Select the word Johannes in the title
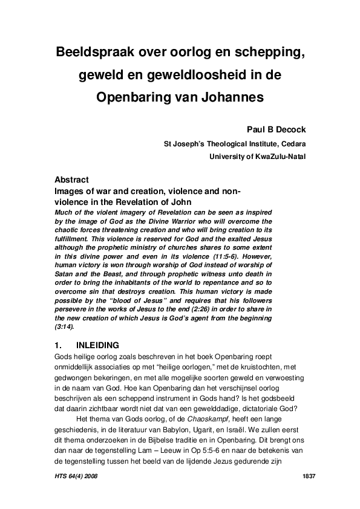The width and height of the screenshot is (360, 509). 231,96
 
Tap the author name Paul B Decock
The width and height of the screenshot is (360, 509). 275,129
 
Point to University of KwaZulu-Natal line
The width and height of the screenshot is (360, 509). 257,157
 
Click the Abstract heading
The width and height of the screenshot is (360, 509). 72,180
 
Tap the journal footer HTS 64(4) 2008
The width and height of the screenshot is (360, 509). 76,477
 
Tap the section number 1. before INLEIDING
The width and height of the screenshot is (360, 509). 58,346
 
